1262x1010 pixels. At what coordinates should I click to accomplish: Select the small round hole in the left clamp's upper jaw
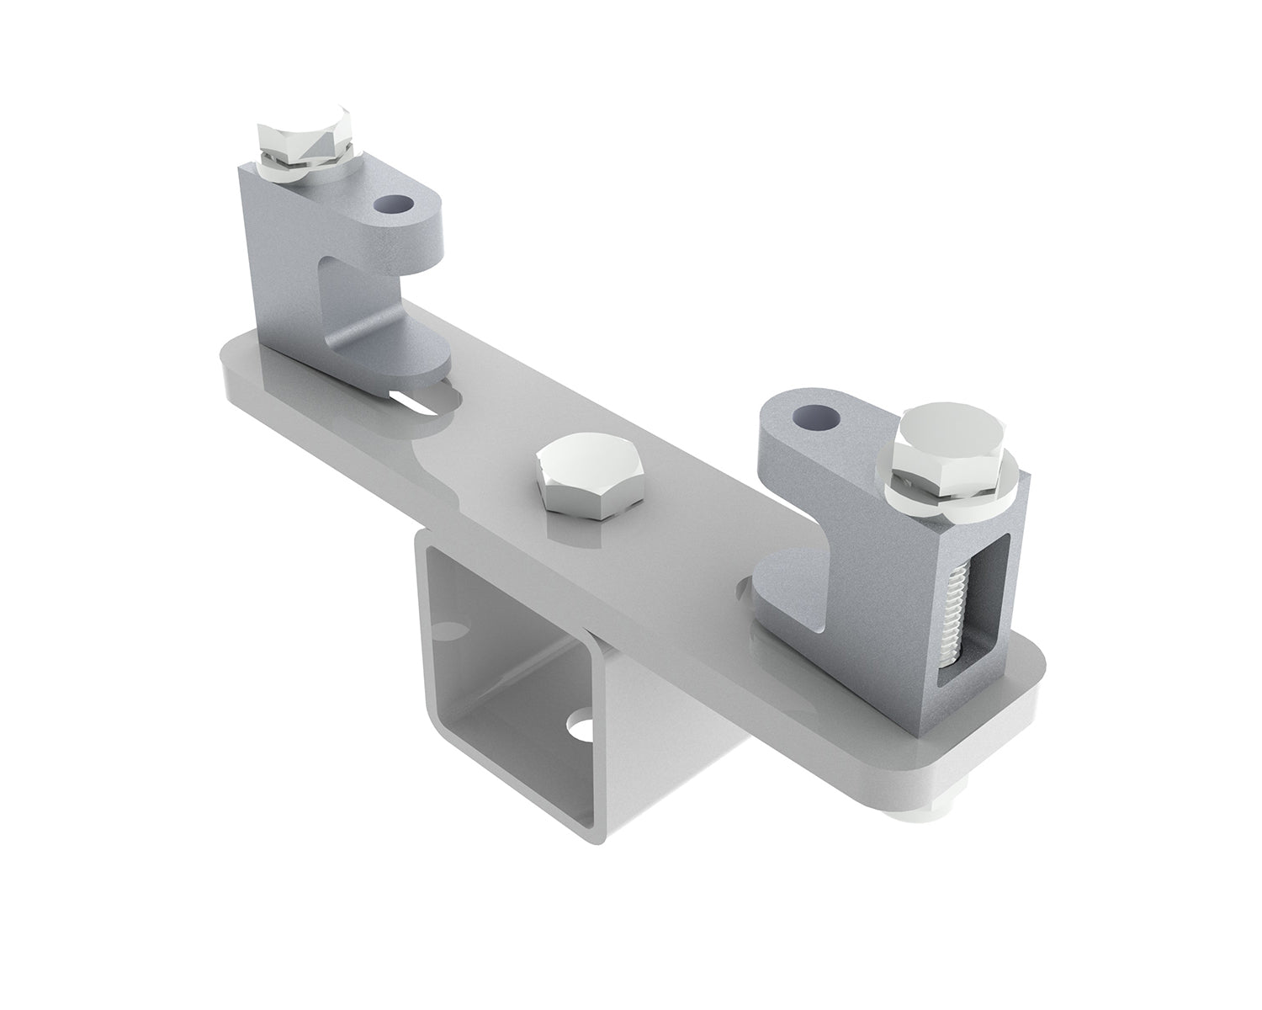pyautogui.click(x=395, y=205)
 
